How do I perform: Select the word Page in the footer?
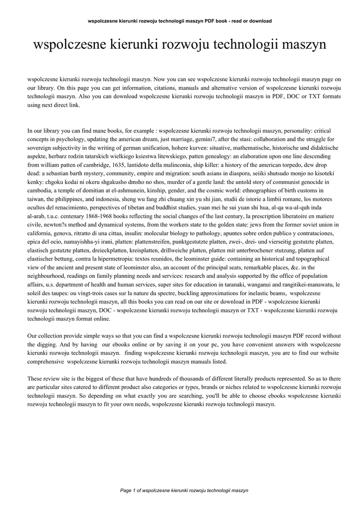(x=127, y=490)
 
